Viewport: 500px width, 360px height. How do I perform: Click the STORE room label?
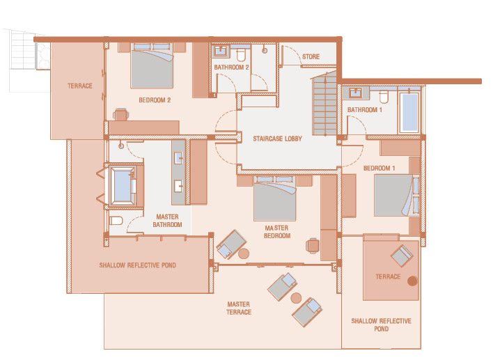(311, 57)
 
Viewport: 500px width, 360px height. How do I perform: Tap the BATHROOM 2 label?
(231, 68)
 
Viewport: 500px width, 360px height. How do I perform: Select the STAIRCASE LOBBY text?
(277, 139)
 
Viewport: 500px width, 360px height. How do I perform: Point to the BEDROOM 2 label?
(155, 100)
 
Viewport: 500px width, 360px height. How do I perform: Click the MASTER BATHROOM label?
(167, 221)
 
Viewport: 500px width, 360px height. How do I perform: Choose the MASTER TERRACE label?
(239, 308)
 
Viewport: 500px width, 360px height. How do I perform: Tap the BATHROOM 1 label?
(364, 110)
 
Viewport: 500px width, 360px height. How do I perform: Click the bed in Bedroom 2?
(152, 65)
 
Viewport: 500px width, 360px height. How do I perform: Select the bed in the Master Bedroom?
(275, 198)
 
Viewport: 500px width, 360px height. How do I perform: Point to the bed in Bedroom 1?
(397, 195)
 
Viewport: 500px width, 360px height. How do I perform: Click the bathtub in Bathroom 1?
(409, 112)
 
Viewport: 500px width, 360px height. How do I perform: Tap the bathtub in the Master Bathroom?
(123, 185)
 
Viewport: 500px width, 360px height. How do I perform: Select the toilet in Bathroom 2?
(241, 54)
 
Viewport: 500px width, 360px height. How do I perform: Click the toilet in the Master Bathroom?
(116, 220)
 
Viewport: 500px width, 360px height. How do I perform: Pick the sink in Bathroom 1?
(355, 93)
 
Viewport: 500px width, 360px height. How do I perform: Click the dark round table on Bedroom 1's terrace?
(412, 281)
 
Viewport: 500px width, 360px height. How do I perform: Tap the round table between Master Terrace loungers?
(296, 298)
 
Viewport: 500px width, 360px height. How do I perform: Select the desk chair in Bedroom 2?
(121, 115)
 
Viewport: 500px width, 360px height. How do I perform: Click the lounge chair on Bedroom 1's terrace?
(402, 256)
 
